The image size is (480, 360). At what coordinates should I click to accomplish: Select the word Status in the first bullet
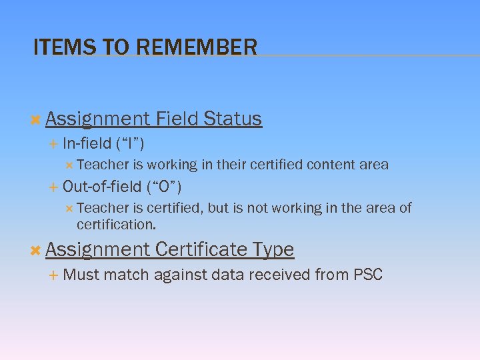[x=233, y=119]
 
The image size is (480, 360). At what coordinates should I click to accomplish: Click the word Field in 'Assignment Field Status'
[x=177, y=119]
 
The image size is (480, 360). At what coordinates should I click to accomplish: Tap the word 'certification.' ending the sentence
[x=116, y=225]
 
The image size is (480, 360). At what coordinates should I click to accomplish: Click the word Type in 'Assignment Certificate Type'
[x=273, y=249]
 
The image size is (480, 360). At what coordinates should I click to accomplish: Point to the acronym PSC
[x=367, y=274]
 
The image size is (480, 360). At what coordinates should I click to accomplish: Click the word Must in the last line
[x=81, y=274]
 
